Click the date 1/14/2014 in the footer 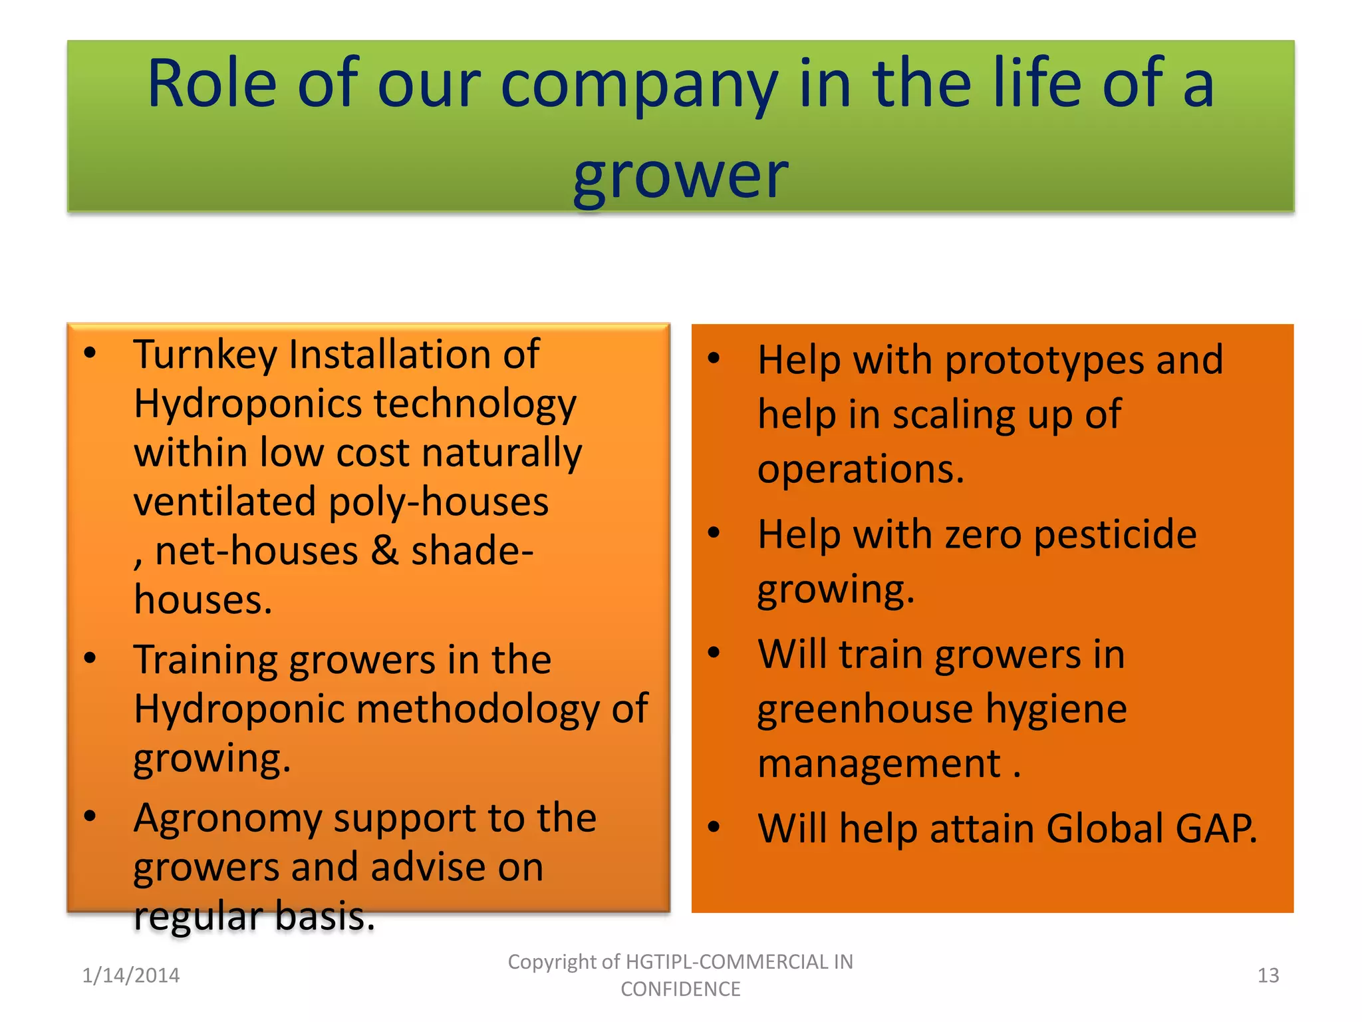click(131, 975)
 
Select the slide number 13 click(1268, 975)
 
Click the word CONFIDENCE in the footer click(680, 989)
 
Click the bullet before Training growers click(90, 658)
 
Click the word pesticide click(1115, 534)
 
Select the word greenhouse click(865, 709)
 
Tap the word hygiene click(1056, 709)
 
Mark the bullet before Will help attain click(714, 827)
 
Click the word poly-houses click(439, 502)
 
